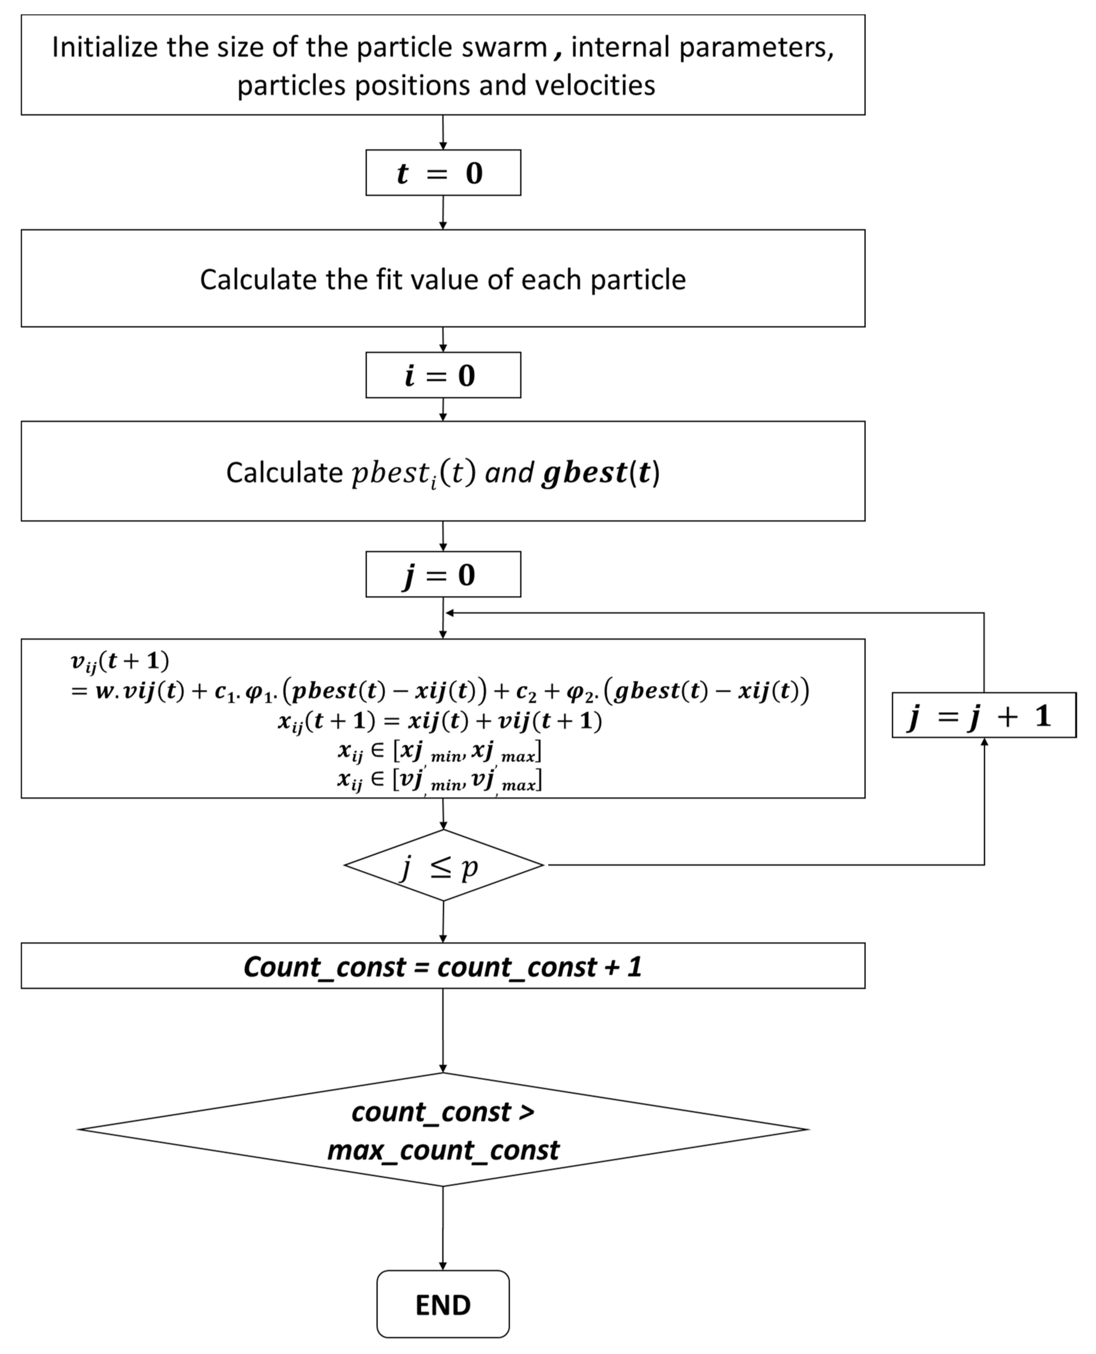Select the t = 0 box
443,172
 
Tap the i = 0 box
443,375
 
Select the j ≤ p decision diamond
443,865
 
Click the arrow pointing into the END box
443,1231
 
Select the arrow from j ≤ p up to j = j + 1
984,802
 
